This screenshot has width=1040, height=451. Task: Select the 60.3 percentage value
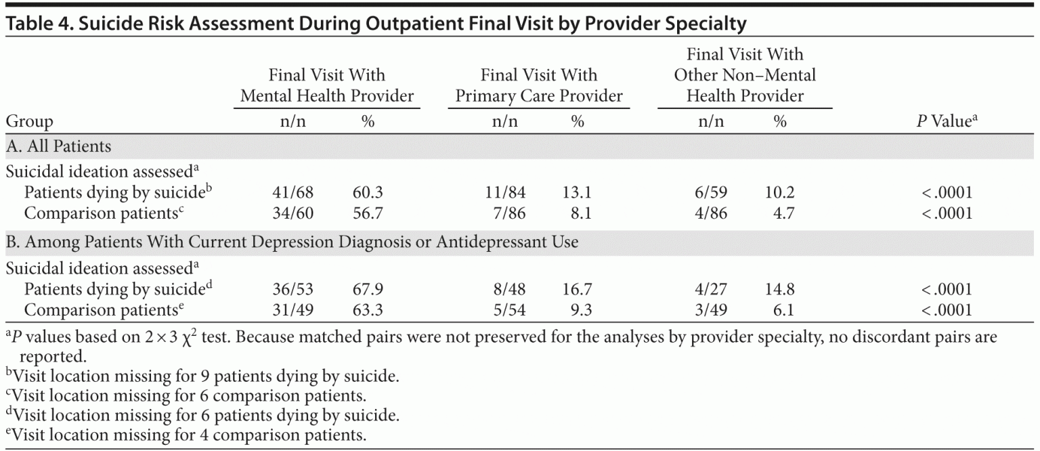(x=368, y=193)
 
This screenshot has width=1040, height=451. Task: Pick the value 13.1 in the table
(x=576, y=193)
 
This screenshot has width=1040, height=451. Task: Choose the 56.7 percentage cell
(x=368, y=213)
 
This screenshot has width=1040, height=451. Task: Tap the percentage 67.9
(x=368, y=290)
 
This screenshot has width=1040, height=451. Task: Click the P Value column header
(x=947, y=122)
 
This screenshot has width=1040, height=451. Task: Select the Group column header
(x=29, y=122)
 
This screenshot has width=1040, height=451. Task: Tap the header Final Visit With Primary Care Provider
(x=539, y=85)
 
